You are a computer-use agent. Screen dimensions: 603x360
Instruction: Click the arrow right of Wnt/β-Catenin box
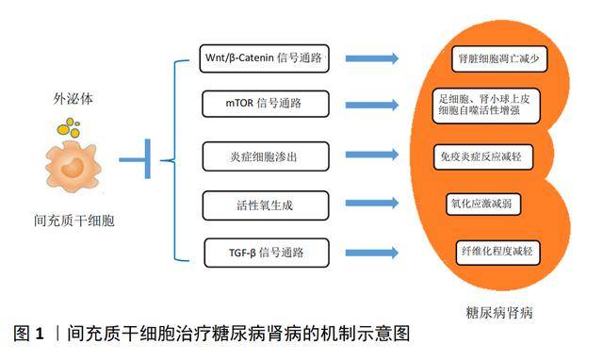point(371,58)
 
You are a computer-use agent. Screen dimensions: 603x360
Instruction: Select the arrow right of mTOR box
point(371,103)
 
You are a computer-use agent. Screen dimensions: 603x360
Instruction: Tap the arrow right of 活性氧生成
point(371,203)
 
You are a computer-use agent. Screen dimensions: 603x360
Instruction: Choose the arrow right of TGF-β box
point(371,252)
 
